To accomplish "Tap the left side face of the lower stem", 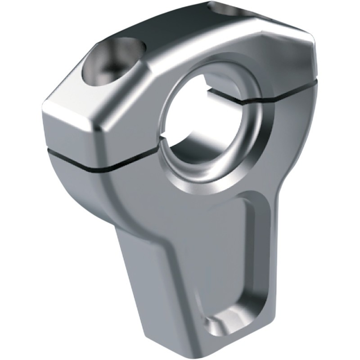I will pos(144,270).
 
